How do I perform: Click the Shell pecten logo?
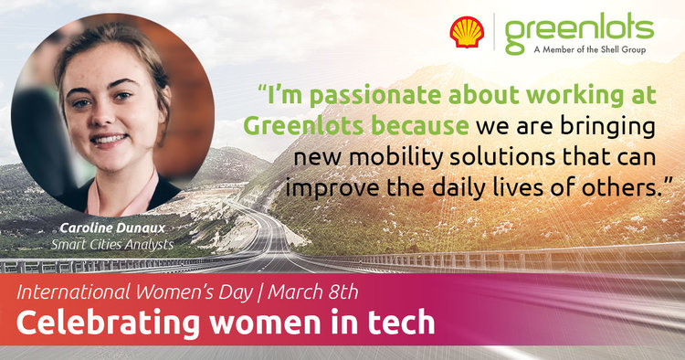(x=467, y=32)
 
